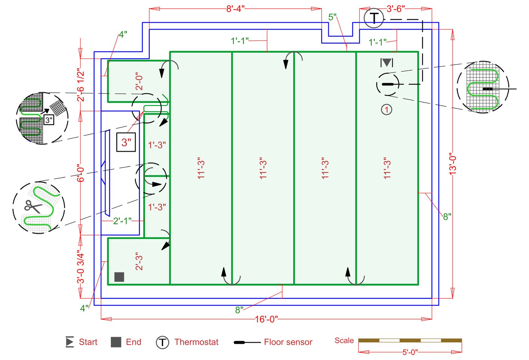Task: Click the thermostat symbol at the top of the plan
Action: [x=374, y=18]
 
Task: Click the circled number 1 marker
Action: [x=386, y=110]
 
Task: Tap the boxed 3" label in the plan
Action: [x=126, y=142]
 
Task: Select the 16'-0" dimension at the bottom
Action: [x=266, y=319]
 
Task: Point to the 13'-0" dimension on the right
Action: [x=453, y=164]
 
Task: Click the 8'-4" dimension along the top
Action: [x=235, y=9]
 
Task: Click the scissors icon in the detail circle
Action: [x=33, y=206]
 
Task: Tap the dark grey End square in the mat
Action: [x=119, y=277]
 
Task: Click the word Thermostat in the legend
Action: [x=196, y=342]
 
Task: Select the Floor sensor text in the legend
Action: [x=288, y=342]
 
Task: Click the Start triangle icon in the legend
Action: [x=70, y=342]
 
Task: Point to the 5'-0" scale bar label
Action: [x=410, y=352]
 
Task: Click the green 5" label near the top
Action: [x=333, y=17]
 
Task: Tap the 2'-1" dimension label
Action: [x=122, y=221]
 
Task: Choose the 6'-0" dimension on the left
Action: [x=80, y=173]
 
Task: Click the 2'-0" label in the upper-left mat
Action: [x=139, y=81]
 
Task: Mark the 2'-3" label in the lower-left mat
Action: [x=139, y=261]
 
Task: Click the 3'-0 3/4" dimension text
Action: [x=80, y=267]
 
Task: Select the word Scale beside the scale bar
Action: [x=344, y=340]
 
